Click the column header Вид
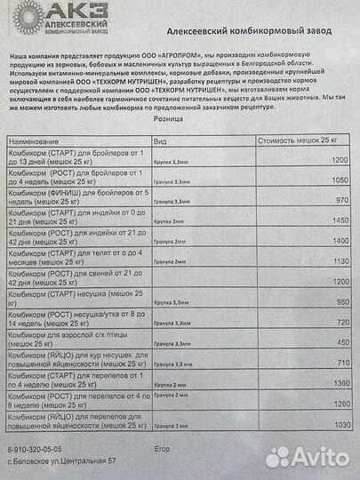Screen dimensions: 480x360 (x=160, y=141)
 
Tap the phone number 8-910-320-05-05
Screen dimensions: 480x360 (x=40, y=451)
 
